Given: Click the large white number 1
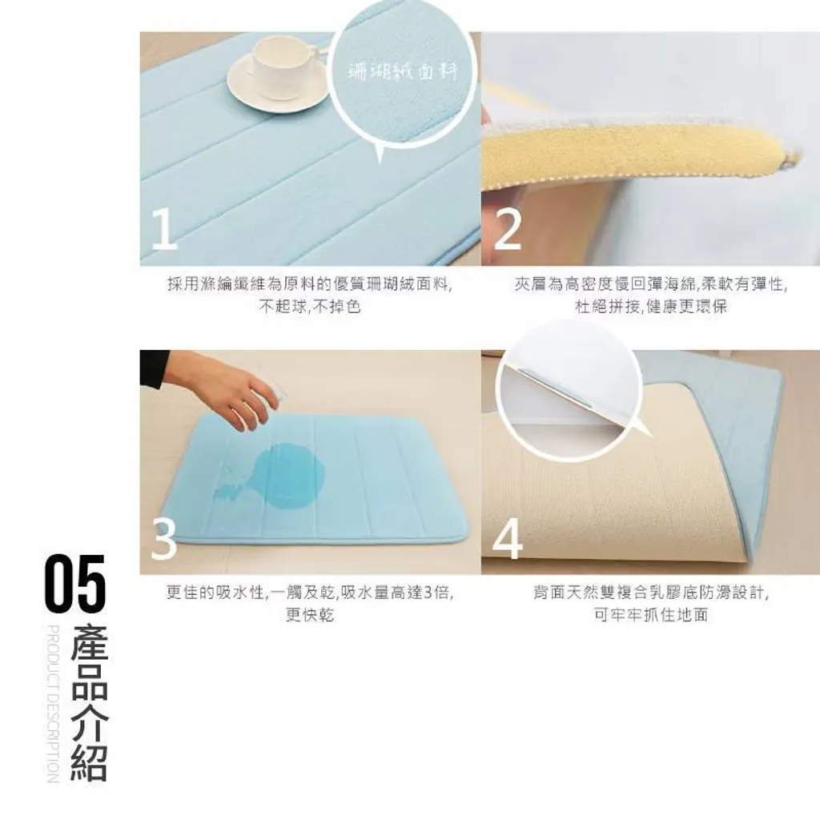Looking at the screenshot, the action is [x=164, y=229].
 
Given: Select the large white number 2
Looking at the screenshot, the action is [x=507, y=229].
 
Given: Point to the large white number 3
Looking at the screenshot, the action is [x=164, y=539].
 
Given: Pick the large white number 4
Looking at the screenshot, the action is [x=507, y=539].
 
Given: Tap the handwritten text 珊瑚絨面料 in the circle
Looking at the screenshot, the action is [x=403, y=73].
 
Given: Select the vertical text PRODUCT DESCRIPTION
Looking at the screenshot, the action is [x=53, y=703].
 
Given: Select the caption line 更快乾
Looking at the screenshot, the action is [x=310, y=615].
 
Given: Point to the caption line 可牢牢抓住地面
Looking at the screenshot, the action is [x=651, y=615].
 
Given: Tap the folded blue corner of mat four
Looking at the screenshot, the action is [x=742, y=444].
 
